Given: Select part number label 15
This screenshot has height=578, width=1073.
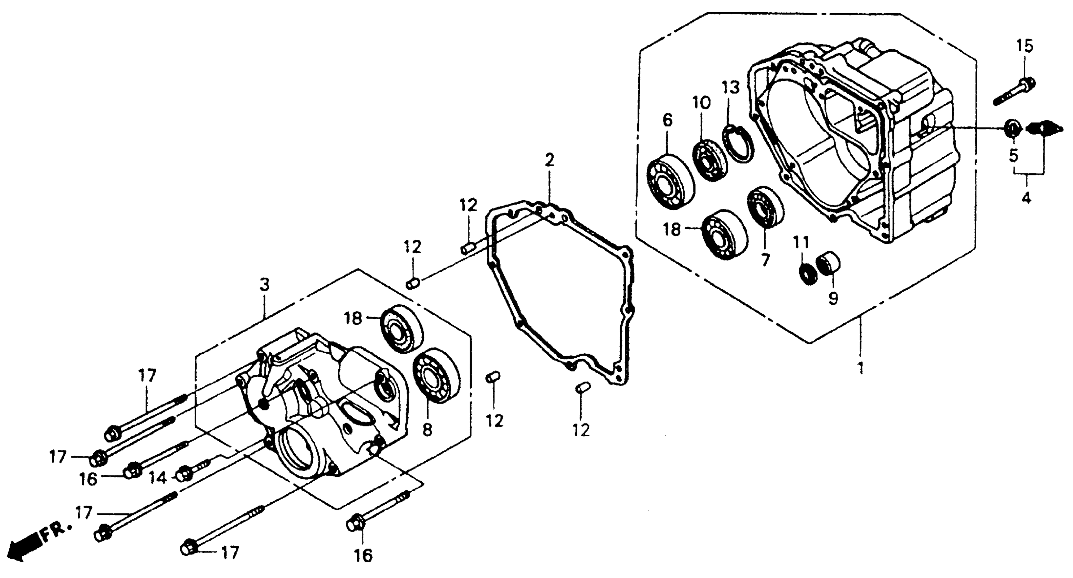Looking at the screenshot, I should [x=1025, y=46].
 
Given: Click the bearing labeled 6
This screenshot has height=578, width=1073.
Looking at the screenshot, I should [x=671, y=182].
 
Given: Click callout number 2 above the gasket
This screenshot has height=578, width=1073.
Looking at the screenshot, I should [x=550, y=160].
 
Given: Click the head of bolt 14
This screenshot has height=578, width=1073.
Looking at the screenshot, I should [x=183, y=474].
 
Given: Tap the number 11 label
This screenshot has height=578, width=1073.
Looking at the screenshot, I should [x=800, y=242].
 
